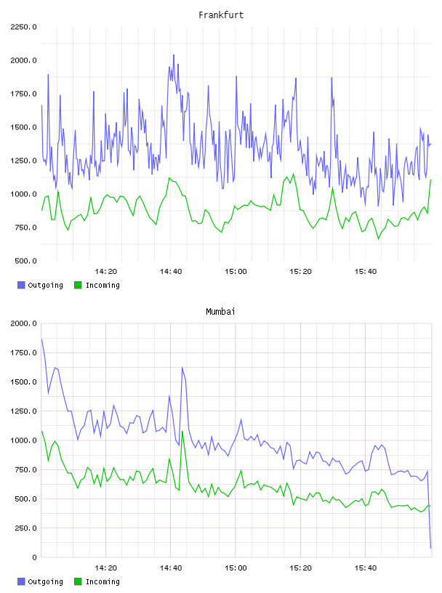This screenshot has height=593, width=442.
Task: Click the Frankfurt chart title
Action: point(221,15)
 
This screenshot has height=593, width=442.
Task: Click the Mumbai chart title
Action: point(220,311)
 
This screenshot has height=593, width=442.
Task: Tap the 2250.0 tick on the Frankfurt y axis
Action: point(23,27)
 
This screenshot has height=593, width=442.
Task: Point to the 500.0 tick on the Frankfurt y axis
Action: point(25,261)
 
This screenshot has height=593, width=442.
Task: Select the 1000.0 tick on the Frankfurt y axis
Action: point(23,194)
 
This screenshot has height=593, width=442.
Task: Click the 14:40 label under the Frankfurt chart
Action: point(171,271)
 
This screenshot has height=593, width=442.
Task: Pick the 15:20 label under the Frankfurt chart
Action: point(300,271)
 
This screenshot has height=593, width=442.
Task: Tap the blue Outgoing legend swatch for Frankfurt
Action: point(21,285)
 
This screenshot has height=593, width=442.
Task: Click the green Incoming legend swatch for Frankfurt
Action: point(78,285)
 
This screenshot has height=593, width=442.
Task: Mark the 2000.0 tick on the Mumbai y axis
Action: point(23,323)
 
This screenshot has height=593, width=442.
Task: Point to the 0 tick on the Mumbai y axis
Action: point(34,557)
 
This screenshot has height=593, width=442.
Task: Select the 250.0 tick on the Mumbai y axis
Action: point(25,528)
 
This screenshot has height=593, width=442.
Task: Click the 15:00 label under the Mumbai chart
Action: point(236,568)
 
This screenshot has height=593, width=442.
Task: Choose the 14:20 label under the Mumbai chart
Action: point(106,568)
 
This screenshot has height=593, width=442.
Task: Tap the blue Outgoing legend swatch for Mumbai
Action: point(21,581)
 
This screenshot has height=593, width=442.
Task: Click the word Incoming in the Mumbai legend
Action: point(103,581)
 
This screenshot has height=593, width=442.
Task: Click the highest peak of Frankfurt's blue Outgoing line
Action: point(174,55)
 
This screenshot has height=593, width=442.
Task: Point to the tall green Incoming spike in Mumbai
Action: point(182,432)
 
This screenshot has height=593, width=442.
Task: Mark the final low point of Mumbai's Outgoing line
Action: point(430,548)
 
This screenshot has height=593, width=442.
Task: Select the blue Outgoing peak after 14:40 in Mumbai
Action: point(182,368)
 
